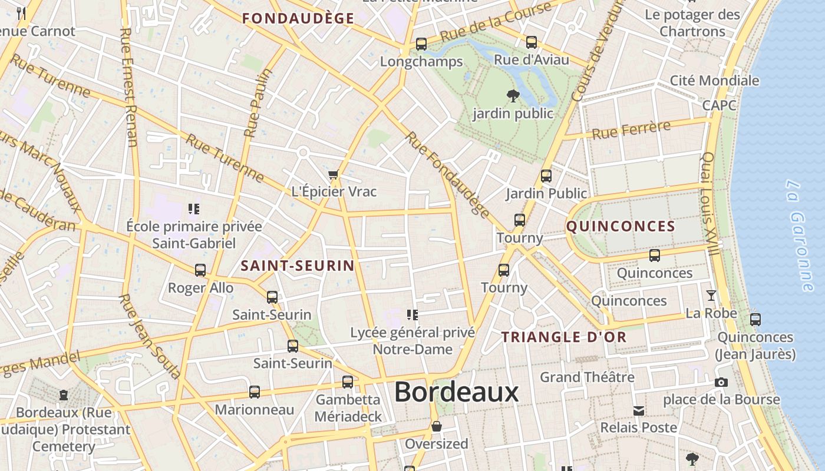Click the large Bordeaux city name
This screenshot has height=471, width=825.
coord(456,392)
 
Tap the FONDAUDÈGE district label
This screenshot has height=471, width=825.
coord(298,18)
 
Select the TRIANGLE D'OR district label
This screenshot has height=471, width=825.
coord(564,337)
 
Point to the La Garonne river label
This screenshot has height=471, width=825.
coord(800,235)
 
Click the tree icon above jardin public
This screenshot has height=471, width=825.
coord(513,95)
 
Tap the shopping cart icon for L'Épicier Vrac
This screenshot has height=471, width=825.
coord(334,175)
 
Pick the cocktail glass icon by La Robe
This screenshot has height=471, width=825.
coord(711,296)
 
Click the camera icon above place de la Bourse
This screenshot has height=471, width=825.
coord(721,383)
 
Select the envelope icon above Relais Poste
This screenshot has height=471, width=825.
coord(639,410)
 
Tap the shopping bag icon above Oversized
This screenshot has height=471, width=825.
coord(437,426)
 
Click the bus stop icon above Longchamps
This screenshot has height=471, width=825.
coord(421,44)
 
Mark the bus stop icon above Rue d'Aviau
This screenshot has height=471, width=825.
coord(532,42)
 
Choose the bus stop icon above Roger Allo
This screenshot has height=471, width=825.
coord(200,270)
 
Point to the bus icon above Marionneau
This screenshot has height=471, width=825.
coord(255,392)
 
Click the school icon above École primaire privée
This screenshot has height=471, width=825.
coord(194,209)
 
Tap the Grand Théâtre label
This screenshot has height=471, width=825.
coord(587,377)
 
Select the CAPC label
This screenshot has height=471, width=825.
coord(719,105)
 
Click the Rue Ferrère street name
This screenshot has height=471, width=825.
coord(631,130)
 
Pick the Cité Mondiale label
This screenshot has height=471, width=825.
coord(714,81)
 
